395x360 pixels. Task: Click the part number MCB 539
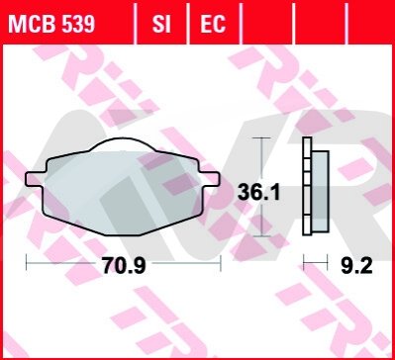point(51,24)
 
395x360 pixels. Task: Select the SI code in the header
point(161,24)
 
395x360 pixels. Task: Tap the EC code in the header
point(213,24)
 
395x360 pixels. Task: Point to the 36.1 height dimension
point(259,193)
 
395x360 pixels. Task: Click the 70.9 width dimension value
point(124,265)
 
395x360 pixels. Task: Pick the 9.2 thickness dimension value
point(356,266)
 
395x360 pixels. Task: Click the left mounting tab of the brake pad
point(36,179)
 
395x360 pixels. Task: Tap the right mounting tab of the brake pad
point(210,179)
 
